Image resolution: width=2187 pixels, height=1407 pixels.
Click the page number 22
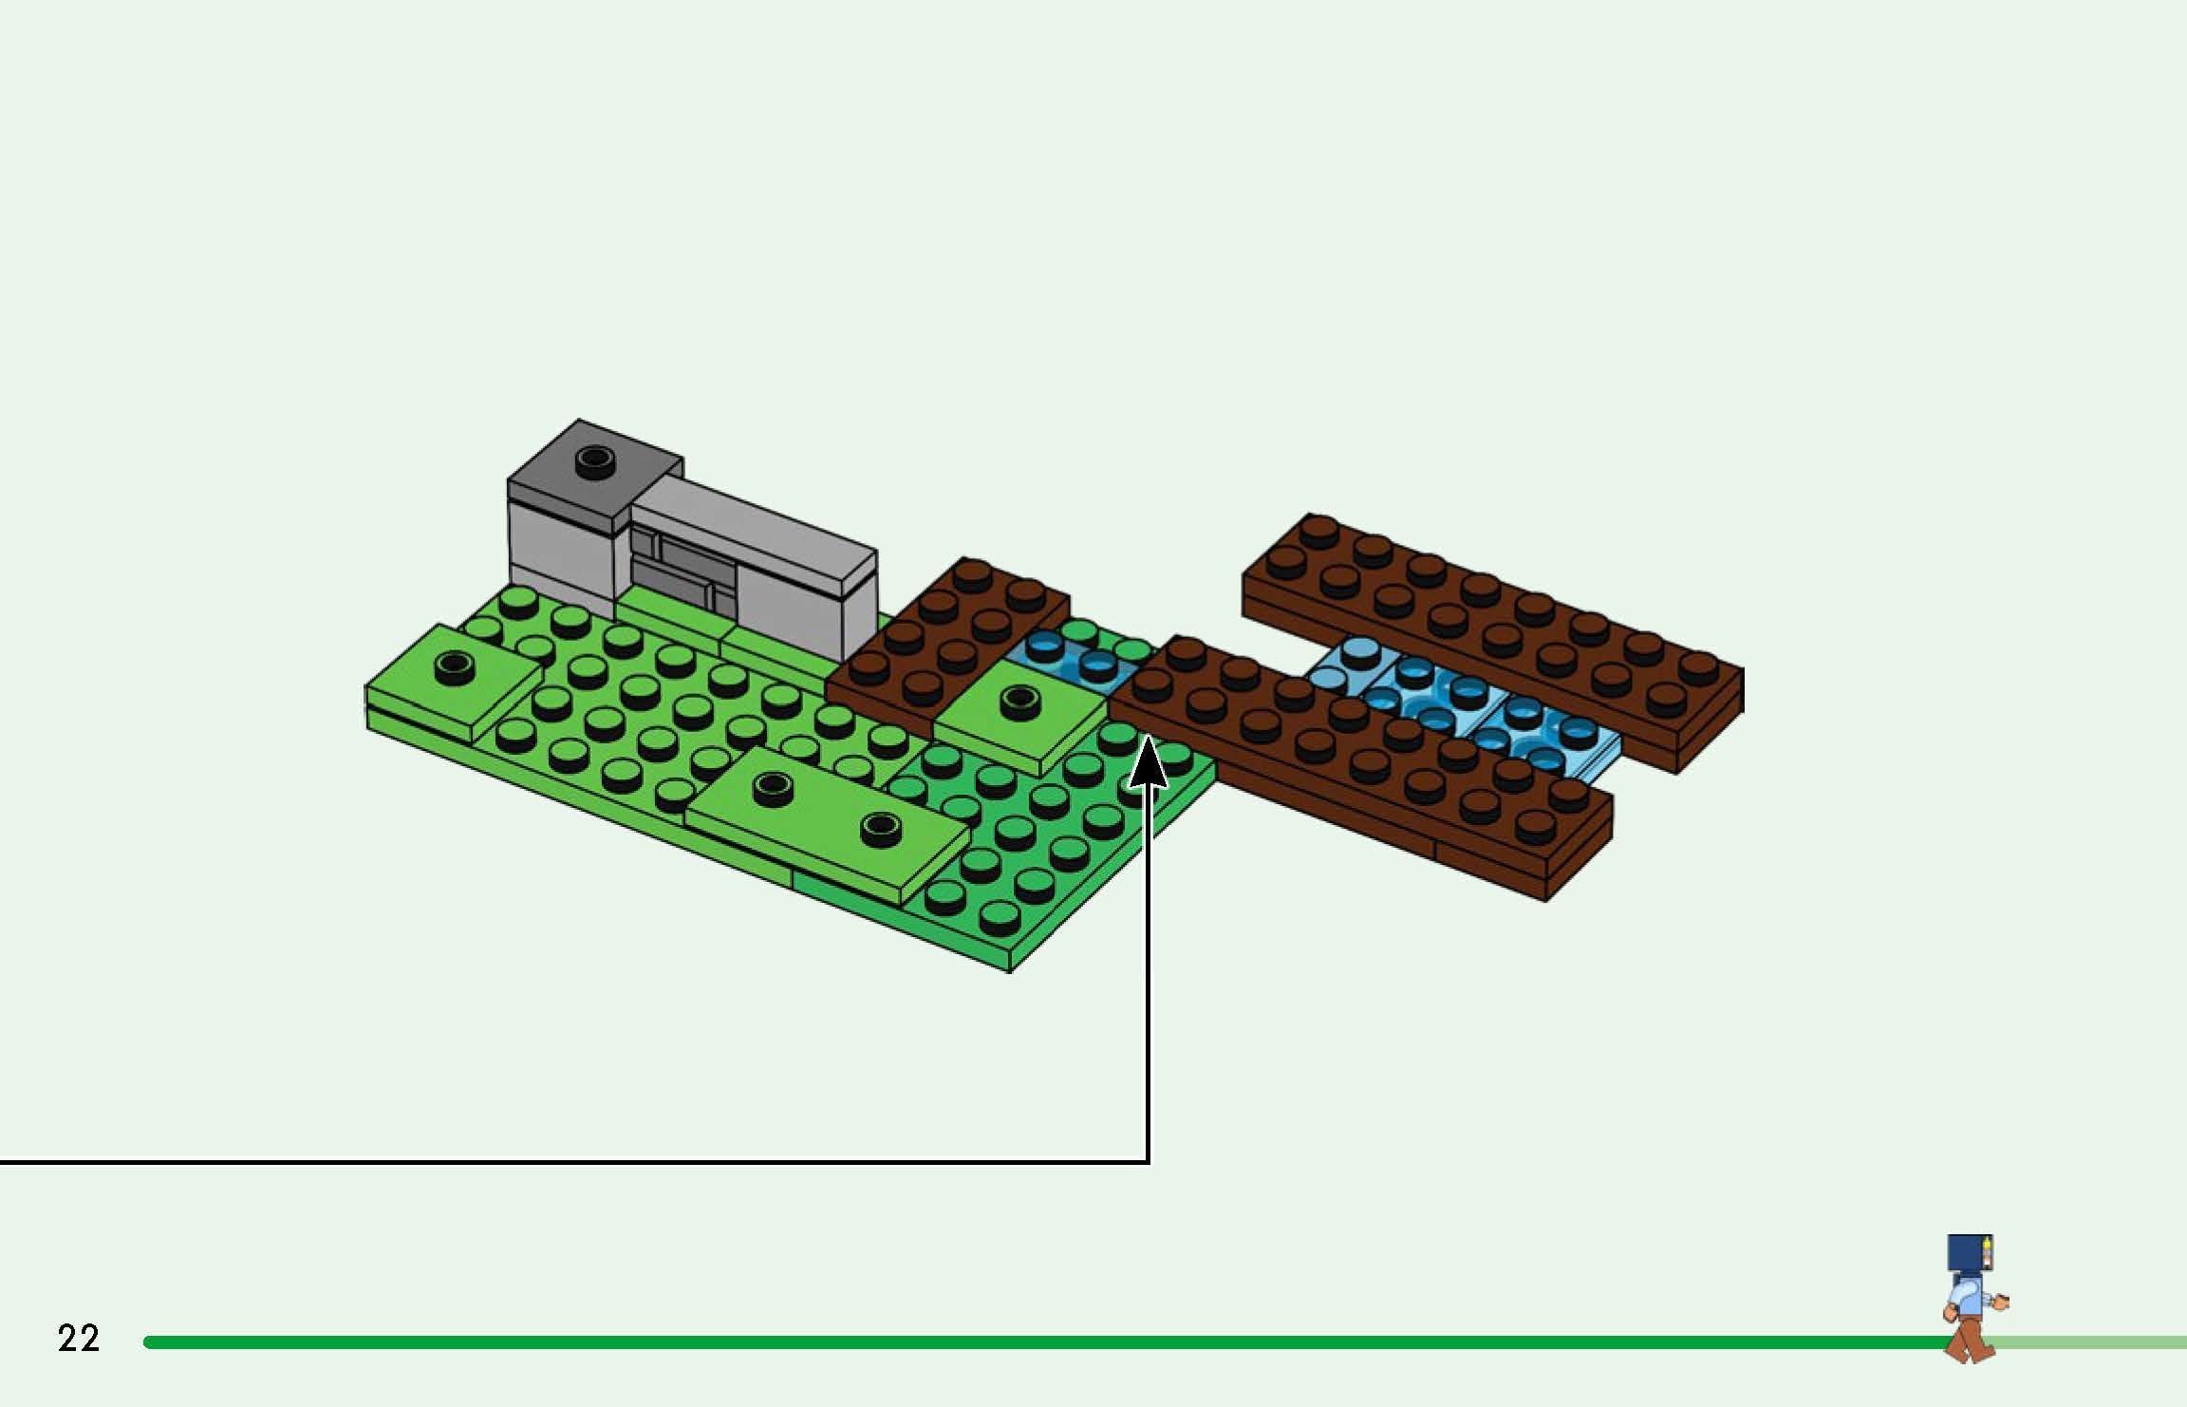(x=78, y=1338)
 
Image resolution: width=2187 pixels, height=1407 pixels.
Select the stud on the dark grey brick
(x=594, y=460)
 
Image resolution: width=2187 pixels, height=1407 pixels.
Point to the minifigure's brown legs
(x=1970, y=1340)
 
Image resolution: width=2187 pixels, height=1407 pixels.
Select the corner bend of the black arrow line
(x=1149, y=1160)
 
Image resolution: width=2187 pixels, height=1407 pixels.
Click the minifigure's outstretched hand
(x=2001, y=1304)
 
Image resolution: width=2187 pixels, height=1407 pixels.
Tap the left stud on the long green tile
(x=772, y=784)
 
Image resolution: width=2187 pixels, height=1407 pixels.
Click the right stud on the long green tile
(x=879, y=828)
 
